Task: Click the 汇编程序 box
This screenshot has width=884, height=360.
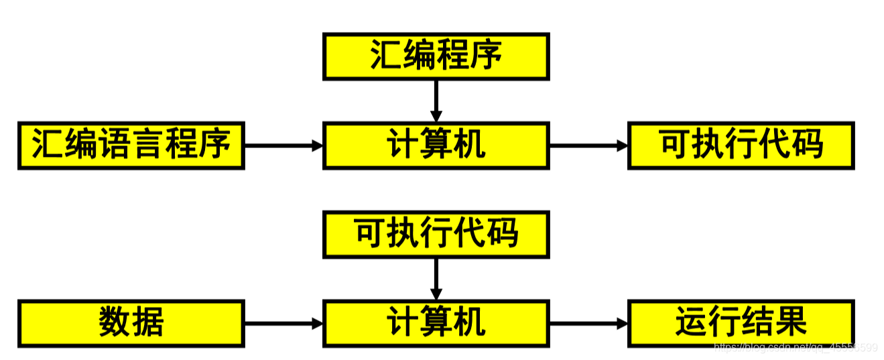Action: coord(436,56)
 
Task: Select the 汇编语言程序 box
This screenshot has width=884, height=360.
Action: coord(131,145)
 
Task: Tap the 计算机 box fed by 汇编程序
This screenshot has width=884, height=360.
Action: coord(436,145)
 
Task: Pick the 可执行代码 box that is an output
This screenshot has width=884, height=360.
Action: coord(741,145)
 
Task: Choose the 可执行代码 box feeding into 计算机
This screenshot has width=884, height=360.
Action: coord(436,234)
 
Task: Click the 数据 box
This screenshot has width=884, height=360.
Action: coord(131,323)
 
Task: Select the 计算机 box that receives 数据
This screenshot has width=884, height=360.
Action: coord(436,323)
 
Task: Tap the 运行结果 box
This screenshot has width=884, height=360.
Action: coord(741,323)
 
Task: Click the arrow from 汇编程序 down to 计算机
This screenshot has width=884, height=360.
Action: coord(436,101)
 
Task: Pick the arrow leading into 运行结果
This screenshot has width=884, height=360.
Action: coord(588,323)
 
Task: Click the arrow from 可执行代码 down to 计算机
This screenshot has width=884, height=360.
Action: coord(436,278)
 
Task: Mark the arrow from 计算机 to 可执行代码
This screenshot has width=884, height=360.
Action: coord(588,145)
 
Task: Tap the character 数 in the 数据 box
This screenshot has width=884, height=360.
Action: coord(115,323)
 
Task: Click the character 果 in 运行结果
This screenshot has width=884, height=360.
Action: coord(790,322)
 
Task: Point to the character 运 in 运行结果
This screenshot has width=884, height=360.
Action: coord(692,322)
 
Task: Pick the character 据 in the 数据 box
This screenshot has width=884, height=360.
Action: coord(148,323)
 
